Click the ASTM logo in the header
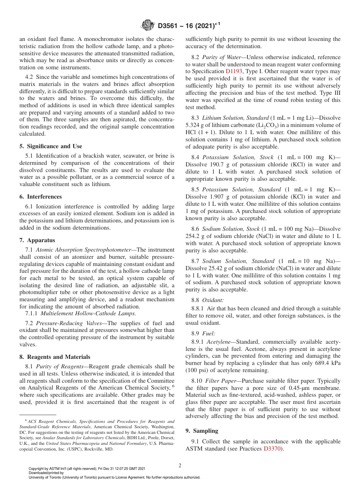click(x=147, y=26)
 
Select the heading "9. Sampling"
click(x=202, y=431)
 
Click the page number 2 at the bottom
click(x=180, y=466)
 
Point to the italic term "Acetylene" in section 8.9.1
click(x=219, y=341)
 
